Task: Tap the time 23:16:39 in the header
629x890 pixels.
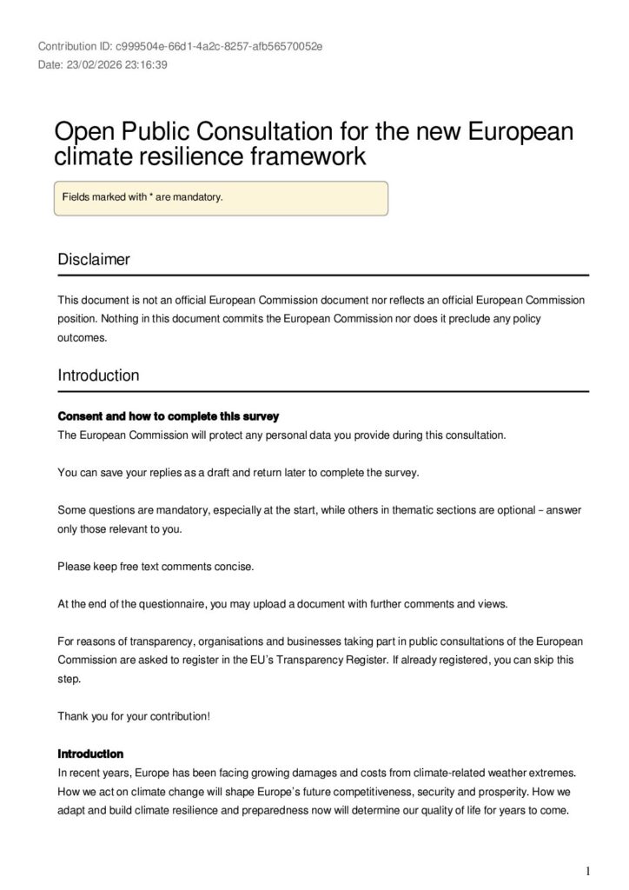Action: pyautogui.click(x=145, y=65)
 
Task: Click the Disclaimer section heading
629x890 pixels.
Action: pyautogui.click(x=94, y=259)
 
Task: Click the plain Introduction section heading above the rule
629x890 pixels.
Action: pyautogui.click(x=98, y=375)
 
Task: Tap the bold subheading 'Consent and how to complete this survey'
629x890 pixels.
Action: pyautogui.click(x=168, y=416)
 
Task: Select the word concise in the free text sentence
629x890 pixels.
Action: pyautogui.click(x=235, y=567)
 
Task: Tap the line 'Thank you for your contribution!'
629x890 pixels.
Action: pyautogui.click(x=134, y=716)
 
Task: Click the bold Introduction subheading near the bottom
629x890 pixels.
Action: pyautogui.click(x=90, y=754)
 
